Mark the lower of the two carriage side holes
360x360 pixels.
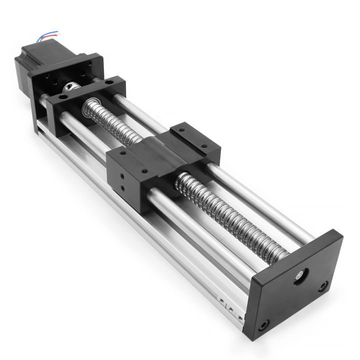pos(122,189)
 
